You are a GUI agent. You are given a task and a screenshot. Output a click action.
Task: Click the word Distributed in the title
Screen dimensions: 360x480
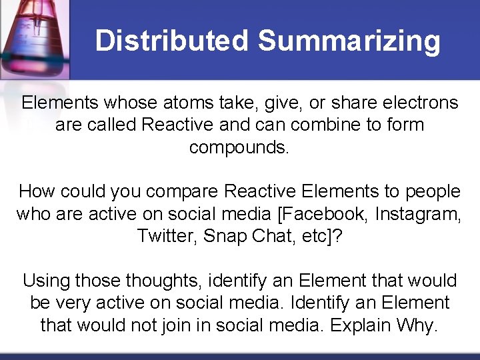click(172, 41)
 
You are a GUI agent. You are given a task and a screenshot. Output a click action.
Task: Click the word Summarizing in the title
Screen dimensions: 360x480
click(349, 41)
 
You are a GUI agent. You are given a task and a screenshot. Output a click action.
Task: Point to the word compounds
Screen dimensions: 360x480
click(239, 147)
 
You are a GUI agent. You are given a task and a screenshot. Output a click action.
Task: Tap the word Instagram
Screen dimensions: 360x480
click(418, 214)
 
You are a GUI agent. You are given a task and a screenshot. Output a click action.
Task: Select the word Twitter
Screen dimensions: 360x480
click(169, 236)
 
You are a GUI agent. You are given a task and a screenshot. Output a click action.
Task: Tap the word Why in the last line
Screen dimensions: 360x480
click(417, 325)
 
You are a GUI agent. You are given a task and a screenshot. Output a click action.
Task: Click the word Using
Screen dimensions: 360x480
click(47, 281)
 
